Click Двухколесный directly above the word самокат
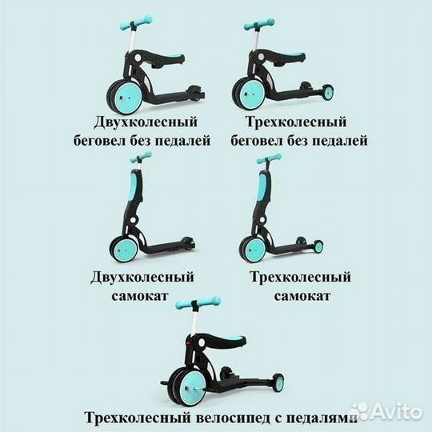coord(140,278)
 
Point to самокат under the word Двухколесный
coord(139,297)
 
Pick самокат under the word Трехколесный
coord(300,297)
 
